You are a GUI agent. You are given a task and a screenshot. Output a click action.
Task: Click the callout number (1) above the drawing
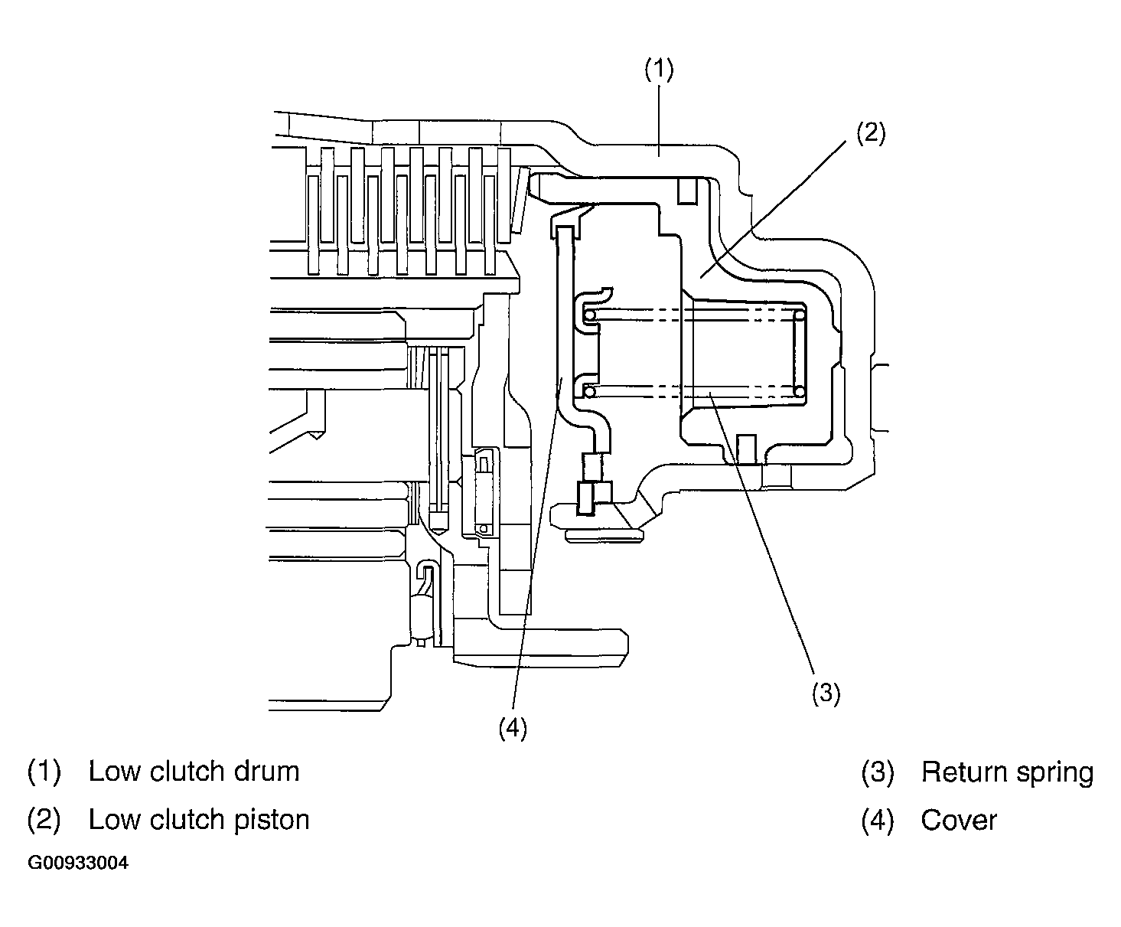tap(659, 70)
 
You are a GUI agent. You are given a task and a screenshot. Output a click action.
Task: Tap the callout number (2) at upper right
tap(870, 132)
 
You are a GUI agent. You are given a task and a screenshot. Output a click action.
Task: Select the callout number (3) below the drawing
tap(826, 693)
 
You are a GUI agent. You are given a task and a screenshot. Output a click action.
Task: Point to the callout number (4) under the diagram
tap(513, 728)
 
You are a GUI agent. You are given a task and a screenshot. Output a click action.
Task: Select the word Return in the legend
tap(963, 772)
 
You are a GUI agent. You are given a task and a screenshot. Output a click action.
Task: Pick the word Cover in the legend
tap(959, 820)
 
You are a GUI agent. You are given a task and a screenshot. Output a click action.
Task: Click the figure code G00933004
tap(78, 863)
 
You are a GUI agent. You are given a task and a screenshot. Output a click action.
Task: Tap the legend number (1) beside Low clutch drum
tap(44, 772)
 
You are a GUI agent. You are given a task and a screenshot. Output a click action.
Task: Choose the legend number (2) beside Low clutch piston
tap(44, 820)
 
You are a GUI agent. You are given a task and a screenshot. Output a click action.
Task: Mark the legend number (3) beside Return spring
tap(877, 772)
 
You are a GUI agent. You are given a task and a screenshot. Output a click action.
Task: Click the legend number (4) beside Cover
tap(877, 821)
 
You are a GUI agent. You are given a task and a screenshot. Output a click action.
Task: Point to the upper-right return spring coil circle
tap(800, 315)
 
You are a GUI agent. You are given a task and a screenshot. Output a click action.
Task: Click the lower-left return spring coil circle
tap(590, 392)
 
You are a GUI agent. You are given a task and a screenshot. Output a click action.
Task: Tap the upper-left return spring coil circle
tap(590, 315)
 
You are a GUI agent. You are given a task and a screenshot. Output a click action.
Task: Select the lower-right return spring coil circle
tap(800, 392)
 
